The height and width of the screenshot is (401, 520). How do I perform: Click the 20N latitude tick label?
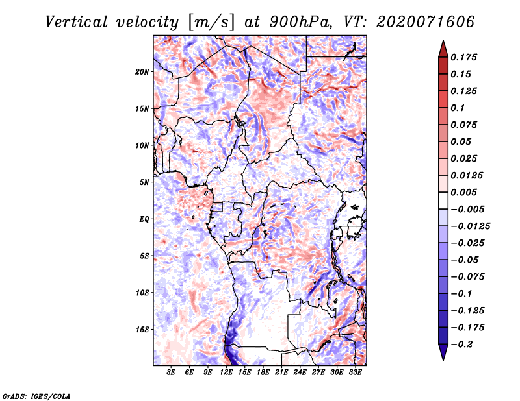[x=142, y=72]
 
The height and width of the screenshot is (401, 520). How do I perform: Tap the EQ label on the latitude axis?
[x=144, y=219]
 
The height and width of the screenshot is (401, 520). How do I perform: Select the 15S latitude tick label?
[x=142, y=330]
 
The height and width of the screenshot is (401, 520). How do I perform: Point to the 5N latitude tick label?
[x=144, y=182]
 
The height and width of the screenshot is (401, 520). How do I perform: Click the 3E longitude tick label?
[x=171, y=372]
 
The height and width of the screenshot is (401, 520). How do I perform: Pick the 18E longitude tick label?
[x=263, y=372]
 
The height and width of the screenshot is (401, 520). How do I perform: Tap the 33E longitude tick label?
[x=355, y=372]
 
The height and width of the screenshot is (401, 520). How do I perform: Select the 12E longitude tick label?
[x=226, y=372]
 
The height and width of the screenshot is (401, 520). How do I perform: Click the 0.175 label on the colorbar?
[x=463, y=57]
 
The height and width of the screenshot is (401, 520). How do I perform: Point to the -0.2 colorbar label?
[x=461, y=345]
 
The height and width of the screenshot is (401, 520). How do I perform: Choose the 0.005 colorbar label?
[x=463, y=192]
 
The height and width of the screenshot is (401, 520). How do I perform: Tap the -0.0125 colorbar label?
[x=470, y=226]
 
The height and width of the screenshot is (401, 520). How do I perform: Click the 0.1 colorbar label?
[x=458, y=108]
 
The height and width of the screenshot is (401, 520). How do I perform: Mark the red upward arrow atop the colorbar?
[x=443, y=49]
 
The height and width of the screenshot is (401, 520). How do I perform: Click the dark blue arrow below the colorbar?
[x=443, y=352]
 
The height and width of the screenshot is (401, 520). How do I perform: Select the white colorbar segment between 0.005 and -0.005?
[x=443, y=200]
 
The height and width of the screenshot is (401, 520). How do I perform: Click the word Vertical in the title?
[x=77, y=22]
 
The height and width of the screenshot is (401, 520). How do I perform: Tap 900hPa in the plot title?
[x=300, y=22]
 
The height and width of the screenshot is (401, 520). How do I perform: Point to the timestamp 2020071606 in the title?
[x=426, y=22]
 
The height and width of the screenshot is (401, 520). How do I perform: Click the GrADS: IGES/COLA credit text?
[x=36, y=396]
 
